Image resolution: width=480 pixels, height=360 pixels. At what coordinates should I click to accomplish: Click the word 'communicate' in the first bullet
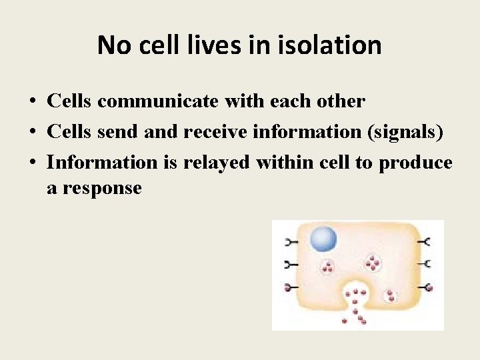[x=159, y=101]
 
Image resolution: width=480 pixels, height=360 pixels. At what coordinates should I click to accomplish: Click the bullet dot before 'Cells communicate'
[x=32, y=102]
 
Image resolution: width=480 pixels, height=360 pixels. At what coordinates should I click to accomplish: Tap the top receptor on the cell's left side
[x=291, y=241]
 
